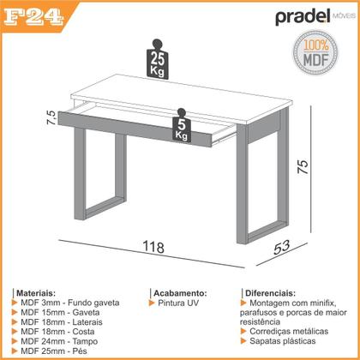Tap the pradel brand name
click(303, 17)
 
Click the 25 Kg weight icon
click(157, 61)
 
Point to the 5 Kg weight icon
click(181, 128)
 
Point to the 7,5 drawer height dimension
click(52, 117)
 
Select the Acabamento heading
click(180, 292)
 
